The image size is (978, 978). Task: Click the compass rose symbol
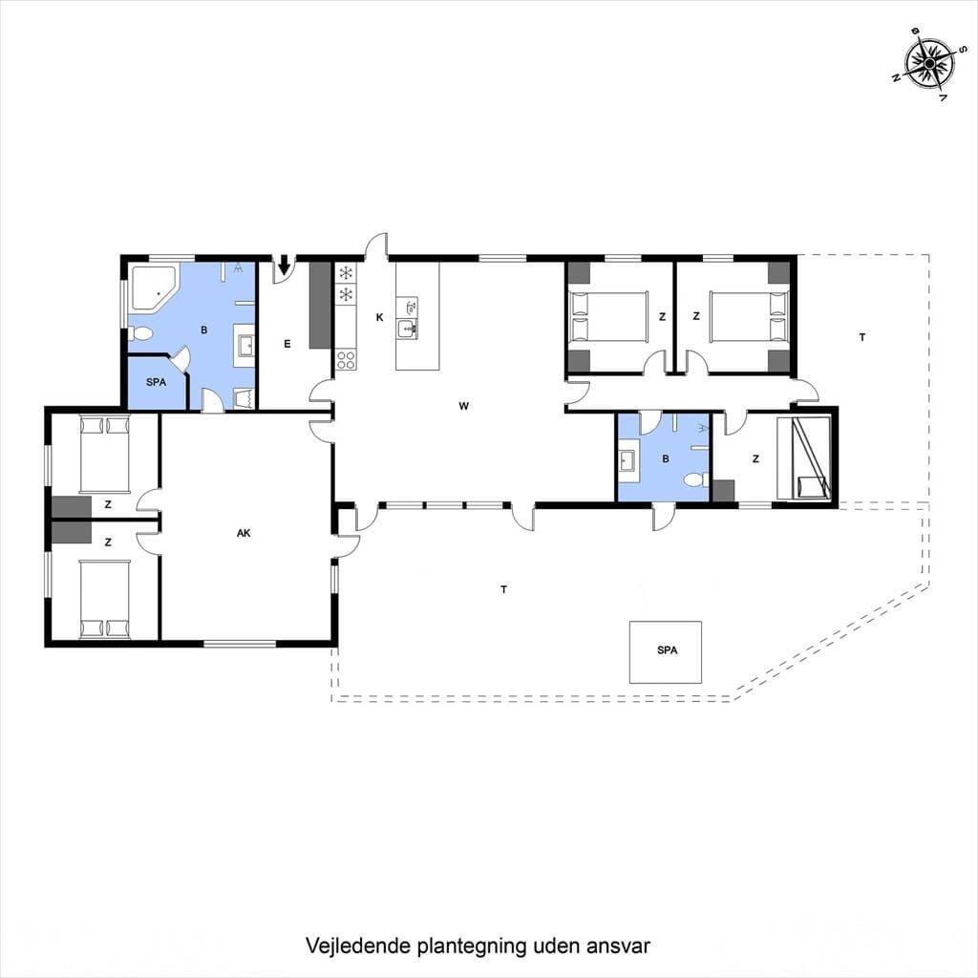pyautogui.click(x=929, y=64)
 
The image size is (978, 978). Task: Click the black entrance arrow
pyautogui.click(x=285, y=266)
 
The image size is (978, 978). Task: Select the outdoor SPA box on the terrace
pyautogui.click(x=666, y=651)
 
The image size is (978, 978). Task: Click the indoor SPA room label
pyautogui.click(x=156, y=382)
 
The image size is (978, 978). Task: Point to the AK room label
pyautogui.click(x=244, y=533)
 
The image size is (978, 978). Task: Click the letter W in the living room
pyautogui.click(x=463, y=406)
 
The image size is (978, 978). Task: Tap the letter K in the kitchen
pyautogui.click(x=379, y=317)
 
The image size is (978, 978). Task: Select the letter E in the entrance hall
pyautogui.click(x=287, y=344)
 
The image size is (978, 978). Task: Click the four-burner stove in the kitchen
pyautogui.click(x=346, y=359)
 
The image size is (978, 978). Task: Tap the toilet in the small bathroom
pyautogui.click(x=695, y=479)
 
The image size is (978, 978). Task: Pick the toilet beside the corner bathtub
pyautogui.click(x=140, y=333)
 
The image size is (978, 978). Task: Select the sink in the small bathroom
pyautogui.click(x=627, y=461)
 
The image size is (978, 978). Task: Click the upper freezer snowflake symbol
pyautogui.click(x=346, y=272)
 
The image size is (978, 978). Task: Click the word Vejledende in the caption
pyautogui.click(x=358, y=946)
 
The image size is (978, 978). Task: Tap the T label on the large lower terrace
pyautogui.click(x=504, y=589)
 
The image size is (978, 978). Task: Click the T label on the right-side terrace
pyautogui.click(x=862, y=337)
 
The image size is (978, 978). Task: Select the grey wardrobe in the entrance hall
pyautogui.click(x=320, y=305)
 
